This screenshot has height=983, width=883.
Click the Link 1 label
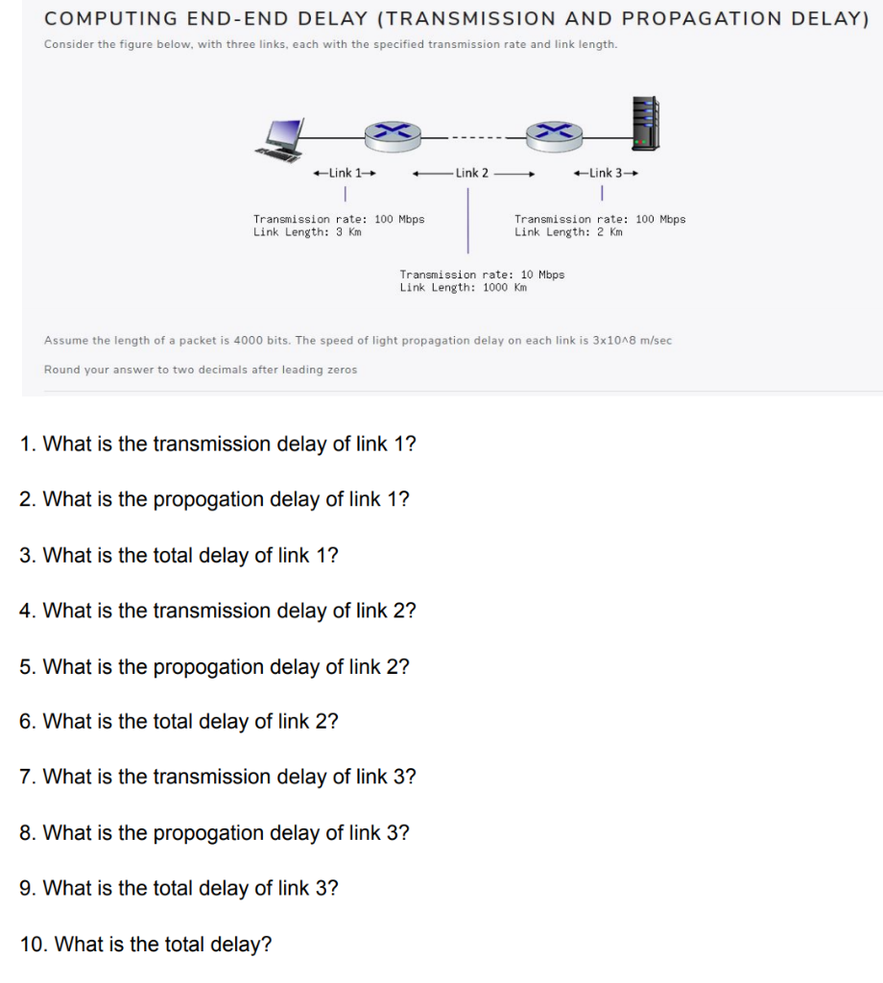click(x=344, y=174)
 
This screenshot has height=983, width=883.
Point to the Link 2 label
click(x=471, y=174)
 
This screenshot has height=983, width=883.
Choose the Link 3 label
click(x=605, y=174)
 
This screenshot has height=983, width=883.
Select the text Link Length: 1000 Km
click(x=464, y=287)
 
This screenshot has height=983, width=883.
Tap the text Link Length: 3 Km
click(x=307, y=231)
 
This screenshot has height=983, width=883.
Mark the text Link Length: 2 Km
click(x=568, y=231)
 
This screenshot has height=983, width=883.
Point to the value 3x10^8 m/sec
click(x=632, y=341)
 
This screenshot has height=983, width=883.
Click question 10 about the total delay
click(x=146, y=945)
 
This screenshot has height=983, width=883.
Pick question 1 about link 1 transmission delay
click(x=218, y=444)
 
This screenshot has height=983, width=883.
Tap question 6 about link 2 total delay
click(x=179, y=722)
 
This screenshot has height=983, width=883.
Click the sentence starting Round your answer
click(x=201, y=370)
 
